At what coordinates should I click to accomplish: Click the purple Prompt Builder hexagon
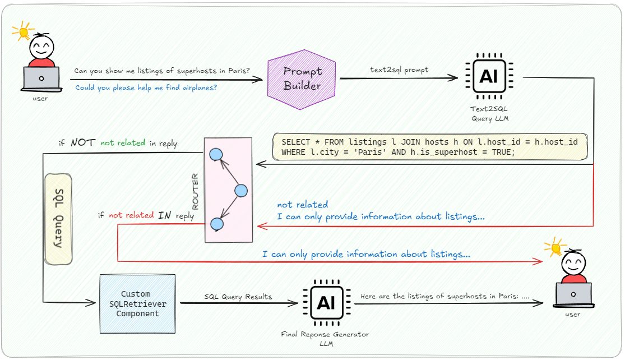pos(303,79)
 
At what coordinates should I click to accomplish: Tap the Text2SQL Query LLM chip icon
pos(489,76)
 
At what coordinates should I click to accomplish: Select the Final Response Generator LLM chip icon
pos(326,303)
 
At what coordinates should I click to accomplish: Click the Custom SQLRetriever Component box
pos(137,303)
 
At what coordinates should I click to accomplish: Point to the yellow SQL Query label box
pos(58,219)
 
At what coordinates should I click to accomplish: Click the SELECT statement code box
pos(429,147)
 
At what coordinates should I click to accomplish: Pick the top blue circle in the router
pos(216,154)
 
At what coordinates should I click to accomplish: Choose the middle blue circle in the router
pos(240,191)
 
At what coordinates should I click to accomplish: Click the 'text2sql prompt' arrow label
pos(400,70)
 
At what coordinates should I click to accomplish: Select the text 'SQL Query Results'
pos(238,296)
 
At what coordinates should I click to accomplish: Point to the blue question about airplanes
pos(146,88)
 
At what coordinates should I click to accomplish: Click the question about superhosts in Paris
pos(162,71)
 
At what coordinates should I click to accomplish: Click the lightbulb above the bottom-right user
pos(555,247)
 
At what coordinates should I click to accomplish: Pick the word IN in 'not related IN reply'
pos(164,215)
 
